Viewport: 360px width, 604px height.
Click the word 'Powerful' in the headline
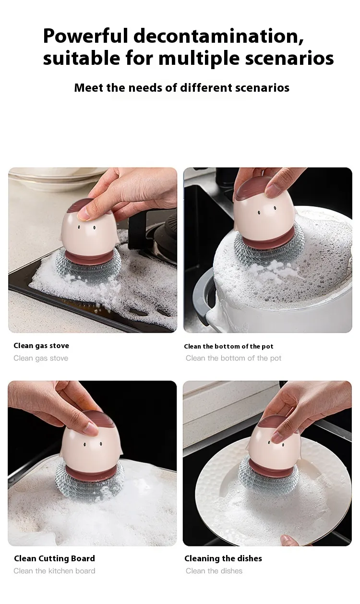85,36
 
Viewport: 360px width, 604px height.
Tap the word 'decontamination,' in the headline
219,36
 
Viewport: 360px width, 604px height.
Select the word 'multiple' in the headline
199,58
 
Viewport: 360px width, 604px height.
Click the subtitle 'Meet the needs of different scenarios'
182,88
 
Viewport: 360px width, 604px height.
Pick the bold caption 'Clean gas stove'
41,346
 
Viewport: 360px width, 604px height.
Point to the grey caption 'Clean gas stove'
41,358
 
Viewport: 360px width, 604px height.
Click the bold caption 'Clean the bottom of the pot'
228,347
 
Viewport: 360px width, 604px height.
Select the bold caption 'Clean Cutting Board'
54,558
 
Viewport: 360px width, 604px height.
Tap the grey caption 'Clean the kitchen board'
54,571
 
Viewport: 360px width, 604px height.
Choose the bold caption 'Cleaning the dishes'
223,558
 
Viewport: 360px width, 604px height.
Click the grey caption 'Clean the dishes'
214,571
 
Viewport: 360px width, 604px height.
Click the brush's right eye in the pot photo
275,208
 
